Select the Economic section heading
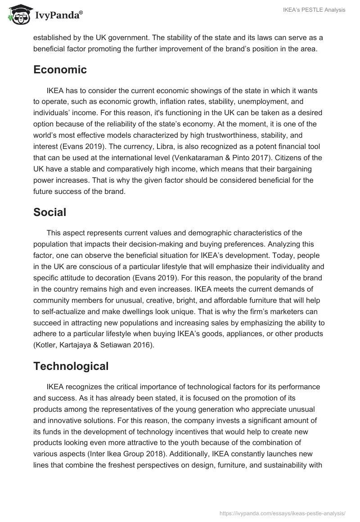click(x=60, y=70)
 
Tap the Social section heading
click(x=49, y=212)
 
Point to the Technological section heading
click(x=71, y=366)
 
